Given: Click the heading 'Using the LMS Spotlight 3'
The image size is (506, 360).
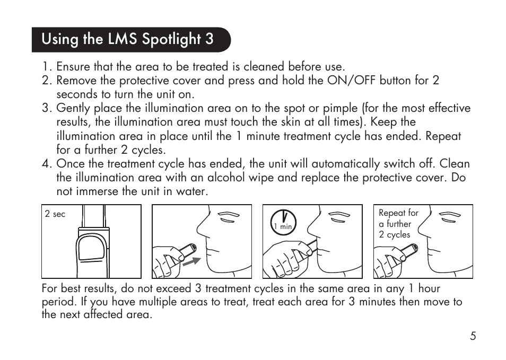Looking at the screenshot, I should pos(128,39).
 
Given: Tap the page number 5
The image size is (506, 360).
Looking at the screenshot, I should pos(472,336).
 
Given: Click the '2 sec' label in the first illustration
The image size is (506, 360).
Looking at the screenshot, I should pos(55,214).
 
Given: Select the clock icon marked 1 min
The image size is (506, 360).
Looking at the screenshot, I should pos(284,220).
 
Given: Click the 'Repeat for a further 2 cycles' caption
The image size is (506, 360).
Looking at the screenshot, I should pos(398,224).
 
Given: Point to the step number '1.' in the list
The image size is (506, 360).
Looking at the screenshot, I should pos(47,67).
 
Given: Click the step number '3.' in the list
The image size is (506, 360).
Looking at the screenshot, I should pos(47,108).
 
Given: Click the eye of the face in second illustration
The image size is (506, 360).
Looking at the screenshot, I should pos(228,215).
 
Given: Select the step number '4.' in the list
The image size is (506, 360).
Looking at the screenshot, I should pos(47,164).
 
